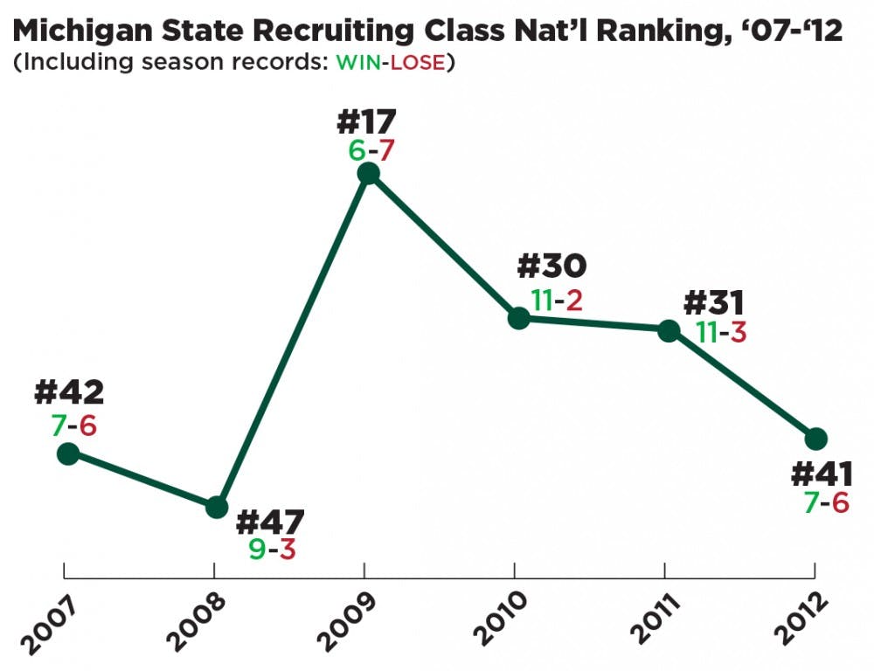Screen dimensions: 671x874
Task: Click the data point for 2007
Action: pyautogui.click(x=67, y=453)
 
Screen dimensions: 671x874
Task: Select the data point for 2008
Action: pyautogui.click(x=216, y=508)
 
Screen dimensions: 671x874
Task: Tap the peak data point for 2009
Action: pyautogui.click(x=369, y=174)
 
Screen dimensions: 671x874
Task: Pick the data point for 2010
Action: pyautogui.click(x=518, y=318)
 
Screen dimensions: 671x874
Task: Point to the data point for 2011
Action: pyautogui.click(x=668, y=330)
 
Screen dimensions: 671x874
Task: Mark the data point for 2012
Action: pyautogui.click(x=815, y=438)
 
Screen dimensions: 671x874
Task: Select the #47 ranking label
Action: pyautogui.click(x=271, y=522)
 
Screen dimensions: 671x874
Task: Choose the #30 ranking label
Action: pyautogui.click(x=552, y=266)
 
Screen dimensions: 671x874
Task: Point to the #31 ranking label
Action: pyautogui.click(x=713, y=302)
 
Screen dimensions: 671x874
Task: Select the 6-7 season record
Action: pyautogui.click(x=371, y=149)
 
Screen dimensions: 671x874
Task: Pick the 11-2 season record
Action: pyautogui.click(x=556, y=301)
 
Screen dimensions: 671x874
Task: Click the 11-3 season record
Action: pyautogui.click(x=720, y=332)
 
